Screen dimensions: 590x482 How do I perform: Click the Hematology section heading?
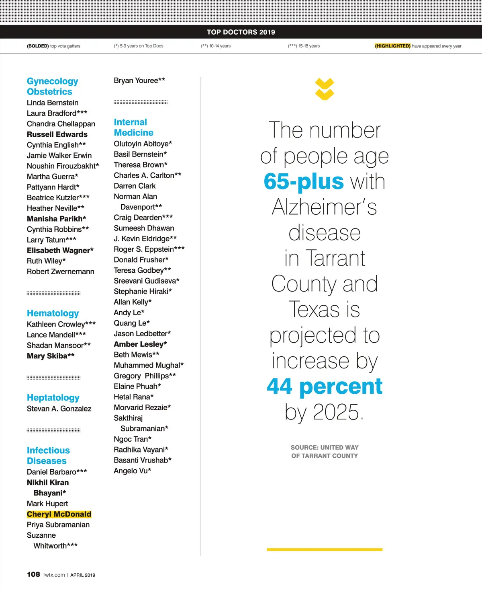click(x=53, y=313)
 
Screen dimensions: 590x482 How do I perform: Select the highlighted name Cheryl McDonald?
click(x=59, y=514)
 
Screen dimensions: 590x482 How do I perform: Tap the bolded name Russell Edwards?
click(x=57, y=134)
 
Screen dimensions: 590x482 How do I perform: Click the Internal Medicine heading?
click(x=133, y=127)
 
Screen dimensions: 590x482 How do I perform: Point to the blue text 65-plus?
click(x=304, y=181)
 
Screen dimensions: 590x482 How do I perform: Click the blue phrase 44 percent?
click(x=325, y=386)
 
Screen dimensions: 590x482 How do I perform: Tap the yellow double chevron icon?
click(x=325, y=89)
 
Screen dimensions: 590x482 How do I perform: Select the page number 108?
click(x=33, y=574)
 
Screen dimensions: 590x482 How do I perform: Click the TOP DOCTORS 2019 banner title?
click(x=241, y=32)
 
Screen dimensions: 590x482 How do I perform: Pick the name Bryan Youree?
click(x=139, y=80)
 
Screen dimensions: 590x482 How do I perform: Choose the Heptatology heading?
click(x=53, y=398)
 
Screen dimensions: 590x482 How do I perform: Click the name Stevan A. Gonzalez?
click(x=59, y=409)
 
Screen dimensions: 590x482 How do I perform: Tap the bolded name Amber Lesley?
click(x=140, y=344)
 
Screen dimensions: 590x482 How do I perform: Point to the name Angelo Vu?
click(x=132, y=471)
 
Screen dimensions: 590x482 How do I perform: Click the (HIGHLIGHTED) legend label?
click(x=392, y=46)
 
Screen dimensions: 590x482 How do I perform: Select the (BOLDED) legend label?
click(x=38, y=46)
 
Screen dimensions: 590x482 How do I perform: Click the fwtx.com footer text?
click(x=54, y=575)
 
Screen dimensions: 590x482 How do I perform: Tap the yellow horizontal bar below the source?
click(x=325, y=549)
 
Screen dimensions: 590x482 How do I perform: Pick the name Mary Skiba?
click(x=51, y=356)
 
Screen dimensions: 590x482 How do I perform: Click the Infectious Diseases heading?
click(x=48, y=456)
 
